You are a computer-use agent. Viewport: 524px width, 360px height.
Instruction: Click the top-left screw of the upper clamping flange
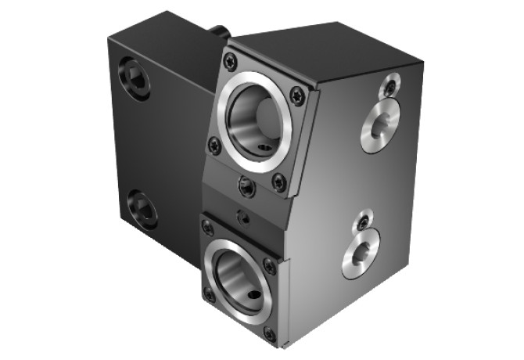[230, 62]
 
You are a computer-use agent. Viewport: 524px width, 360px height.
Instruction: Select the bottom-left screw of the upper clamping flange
[214, 146]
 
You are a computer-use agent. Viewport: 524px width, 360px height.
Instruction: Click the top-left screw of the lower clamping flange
[207, 228]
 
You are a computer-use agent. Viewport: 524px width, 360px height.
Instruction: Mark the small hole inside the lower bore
[252, 297]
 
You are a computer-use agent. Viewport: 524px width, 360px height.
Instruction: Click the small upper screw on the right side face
[389, 86]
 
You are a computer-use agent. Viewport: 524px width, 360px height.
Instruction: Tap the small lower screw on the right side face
[364, 223]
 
